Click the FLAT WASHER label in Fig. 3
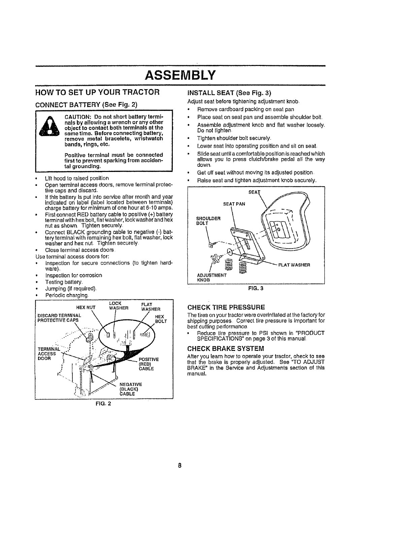click(294, 264)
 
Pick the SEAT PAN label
click(234, 204)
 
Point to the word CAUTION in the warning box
click(76, 117)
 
